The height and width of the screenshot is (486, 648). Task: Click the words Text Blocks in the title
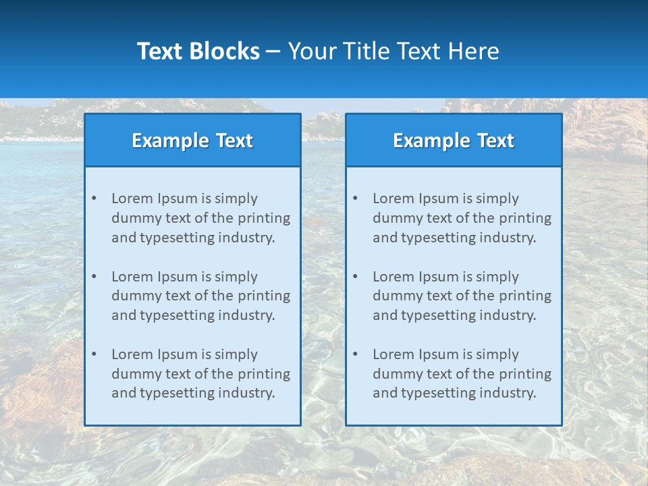(198, 51)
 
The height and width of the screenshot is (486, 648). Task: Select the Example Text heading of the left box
(192, 140)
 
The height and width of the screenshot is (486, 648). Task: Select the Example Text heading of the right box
(454, 140)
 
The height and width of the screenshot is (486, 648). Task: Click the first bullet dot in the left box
(94, 198)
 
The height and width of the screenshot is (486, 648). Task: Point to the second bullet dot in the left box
(94, 277)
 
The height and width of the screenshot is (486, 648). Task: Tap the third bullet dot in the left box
(94, 354)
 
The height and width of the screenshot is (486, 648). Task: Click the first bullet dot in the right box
(355, 198)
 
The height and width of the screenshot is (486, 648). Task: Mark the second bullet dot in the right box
(355, 277)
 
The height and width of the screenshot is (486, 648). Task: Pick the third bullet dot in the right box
(355, 354)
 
